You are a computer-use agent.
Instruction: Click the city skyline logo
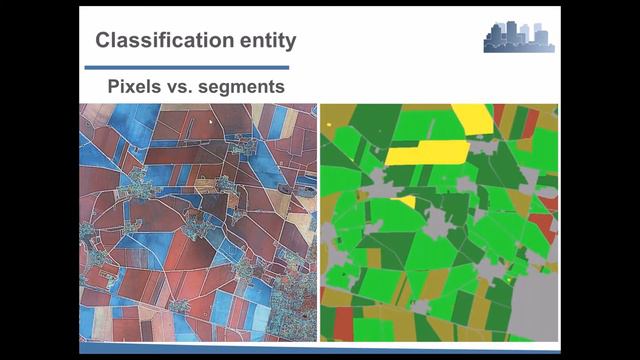(519, 37)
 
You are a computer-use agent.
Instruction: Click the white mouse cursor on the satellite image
(212, 120)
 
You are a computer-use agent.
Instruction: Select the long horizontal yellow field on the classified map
(427, 152)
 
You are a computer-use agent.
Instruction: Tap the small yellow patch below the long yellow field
(404, 202)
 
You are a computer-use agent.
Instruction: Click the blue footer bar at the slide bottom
(320, 349)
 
